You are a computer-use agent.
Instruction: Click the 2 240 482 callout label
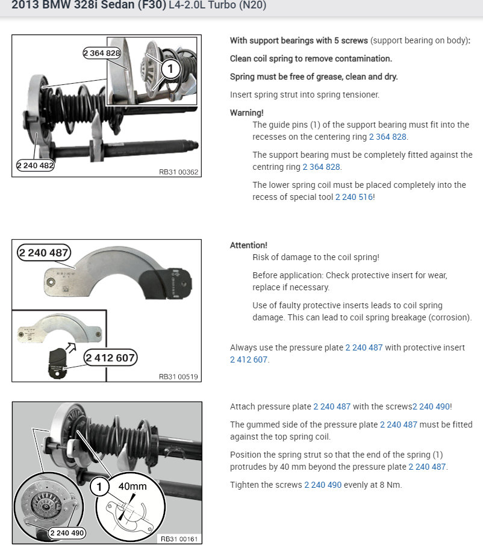click(x=36, y=164)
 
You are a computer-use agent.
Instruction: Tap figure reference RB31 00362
click(x=178, y=172)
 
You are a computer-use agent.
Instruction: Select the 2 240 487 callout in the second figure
click(x=43, y=252)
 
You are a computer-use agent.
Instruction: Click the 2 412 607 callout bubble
click(x=111, y=358)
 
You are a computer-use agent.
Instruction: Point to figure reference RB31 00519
click(x=178, y=377)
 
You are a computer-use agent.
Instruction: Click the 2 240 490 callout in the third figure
click(x=67, y=533)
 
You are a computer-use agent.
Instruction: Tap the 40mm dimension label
click(x=132, y=486)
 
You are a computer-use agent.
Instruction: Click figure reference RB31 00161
click(x=178, y=538)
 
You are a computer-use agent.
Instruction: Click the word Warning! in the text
click(x=246, y=113)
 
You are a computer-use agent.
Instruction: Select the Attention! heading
click(x=248, y=245)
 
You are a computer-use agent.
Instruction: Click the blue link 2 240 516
click(x=354, y=197)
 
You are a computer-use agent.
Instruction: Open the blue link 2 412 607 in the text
click(x=249, y=359)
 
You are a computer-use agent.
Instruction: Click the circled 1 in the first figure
click(x=170, y=69)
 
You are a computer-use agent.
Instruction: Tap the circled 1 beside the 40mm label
click(x=101, y=486)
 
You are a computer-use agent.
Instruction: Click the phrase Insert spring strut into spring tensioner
click(x=305, y=95)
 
